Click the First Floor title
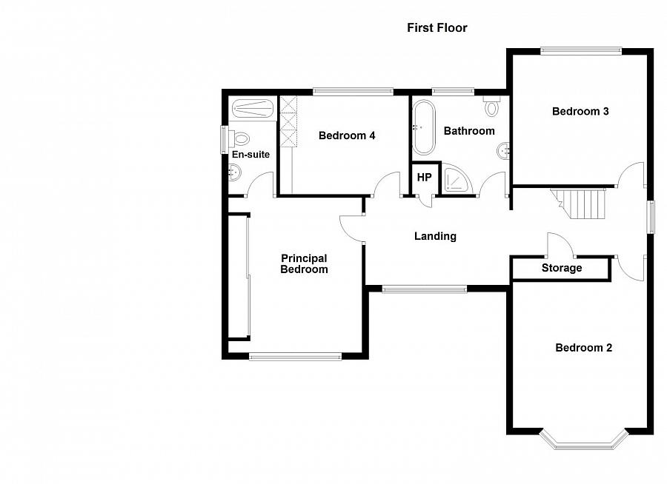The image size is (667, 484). pyautogui.click(x=437, y=28)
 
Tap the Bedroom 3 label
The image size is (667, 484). pyautogui.click(x=580, y=112)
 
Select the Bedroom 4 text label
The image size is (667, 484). pyautogui.click(x=347, y=135)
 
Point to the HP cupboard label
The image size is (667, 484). pyautogui.click(x=424, y=178)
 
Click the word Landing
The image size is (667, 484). pyautogui.click(x=435, y=237)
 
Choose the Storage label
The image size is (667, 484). pyautogui.click(x=561, y=268)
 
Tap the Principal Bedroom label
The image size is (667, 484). pyautogui.click(x=304, y=264)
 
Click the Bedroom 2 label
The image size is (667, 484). pyautogui.click(x=583, y=348)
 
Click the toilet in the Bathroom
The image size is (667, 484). pyautogui.click(x=492, y=107)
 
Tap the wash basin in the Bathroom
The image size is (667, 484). pyautogui.click(x=505, y=150)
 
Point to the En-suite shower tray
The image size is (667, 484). pyautogui.click(x=253, y=108)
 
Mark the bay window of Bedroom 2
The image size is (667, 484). pyautogui.click(x=583, y=443)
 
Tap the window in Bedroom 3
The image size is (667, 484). pyautogui.click(x=580, y=50)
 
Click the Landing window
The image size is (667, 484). pyautogui.click(x=424, y=289)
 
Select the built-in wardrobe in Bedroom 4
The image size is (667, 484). pyautogui.click(x=287, y=122)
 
